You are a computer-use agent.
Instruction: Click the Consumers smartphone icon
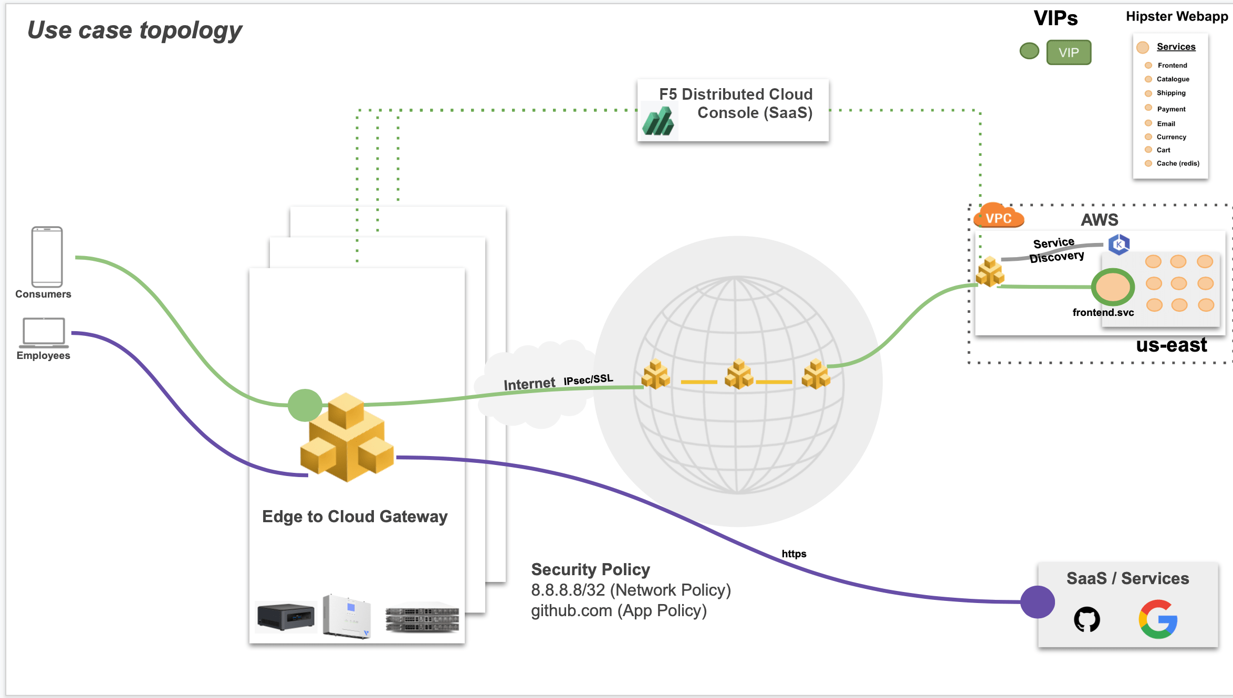tap(47, 256)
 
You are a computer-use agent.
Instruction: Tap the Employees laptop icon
tap(44, 332)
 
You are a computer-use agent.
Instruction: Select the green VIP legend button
tap(1068, 52)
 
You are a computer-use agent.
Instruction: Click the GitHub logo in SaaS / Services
tap(1086, 619)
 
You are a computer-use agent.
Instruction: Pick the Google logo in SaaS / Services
tap(1158, 619)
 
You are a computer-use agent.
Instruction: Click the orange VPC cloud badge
tap(998, 217)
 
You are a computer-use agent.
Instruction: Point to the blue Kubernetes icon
tap(1119, 244)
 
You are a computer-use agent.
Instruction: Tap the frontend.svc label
tap(1103, 312)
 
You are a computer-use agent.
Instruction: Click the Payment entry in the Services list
tap(1171, 109)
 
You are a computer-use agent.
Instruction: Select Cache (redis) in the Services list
tap(1177, 163)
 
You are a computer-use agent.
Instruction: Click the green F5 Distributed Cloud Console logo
tap(658, 121)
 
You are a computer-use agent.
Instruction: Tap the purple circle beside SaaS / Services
tap(1037, 602)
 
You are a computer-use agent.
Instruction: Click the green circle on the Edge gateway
tap(305, 405)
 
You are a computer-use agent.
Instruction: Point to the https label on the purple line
tap(793, 554)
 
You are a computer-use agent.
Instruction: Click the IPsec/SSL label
tap(588, 379)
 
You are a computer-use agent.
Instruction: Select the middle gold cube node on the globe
tap(738, 374)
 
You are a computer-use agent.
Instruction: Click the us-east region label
tap(1171, 345)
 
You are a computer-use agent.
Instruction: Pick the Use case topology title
tap(134, 30)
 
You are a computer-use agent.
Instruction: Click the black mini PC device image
tap(286, 616)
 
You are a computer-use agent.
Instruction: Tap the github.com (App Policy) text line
tap(619, 610)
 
